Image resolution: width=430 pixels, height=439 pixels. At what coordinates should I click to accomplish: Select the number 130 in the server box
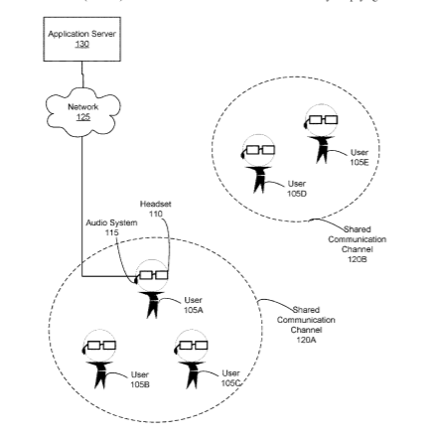(x=82, y=44)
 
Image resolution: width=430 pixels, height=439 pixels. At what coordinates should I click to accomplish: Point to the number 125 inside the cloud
(x=83, y=117)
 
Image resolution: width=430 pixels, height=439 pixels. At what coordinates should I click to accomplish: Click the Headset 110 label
(x=156, y=209)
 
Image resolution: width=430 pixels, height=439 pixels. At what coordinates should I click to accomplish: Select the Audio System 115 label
(x=111, y=227)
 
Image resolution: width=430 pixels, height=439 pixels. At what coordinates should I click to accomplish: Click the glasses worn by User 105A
(x=153, y=275)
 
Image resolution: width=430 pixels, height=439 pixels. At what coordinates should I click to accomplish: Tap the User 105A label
(x=194, y=305)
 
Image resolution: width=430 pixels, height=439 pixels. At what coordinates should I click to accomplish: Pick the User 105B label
(x=139, y=379)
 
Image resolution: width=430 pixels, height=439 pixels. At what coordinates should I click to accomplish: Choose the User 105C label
(x=230, y=378)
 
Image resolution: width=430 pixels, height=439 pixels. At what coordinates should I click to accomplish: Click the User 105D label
(x=297, y=189)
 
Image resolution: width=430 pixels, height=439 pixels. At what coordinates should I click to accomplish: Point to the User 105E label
(x=359, y=157)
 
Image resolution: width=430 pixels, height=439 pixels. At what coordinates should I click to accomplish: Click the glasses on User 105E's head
(x=323, y=119)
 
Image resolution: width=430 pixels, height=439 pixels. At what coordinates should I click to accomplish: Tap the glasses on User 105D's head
(x=260, y=150)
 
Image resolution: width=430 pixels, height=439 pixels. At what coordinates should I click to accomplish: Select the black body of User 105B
(x=99, y=375)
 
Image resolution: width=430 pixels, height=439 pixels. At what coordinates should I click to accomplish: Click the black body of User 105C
(x=192, y=375)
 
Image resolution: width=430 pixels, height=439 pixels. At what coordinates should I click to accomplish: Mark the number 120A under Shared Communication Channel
(x=306, y=340)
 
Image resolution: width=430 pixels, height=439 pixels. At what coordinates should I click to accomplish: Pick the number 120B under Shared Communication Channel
(x=358, y=259)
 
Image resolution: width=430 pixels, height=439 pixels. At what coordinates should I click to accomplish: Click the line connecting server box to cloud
(x=82, y=74)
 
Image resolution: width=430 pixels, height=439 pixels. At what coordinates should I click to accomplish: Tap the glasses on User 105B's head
(x=101, y=346)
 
